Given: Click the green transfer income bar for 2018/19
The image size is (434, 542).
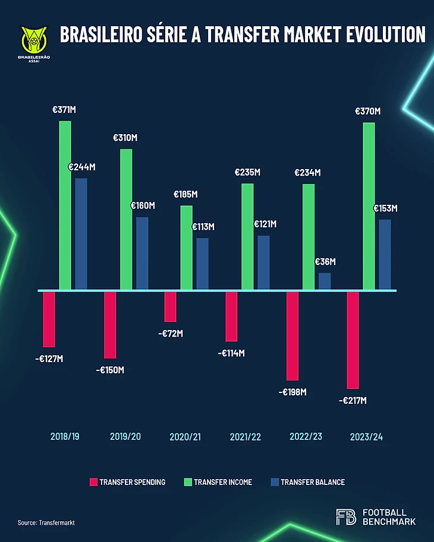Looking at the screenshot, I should point(65,205).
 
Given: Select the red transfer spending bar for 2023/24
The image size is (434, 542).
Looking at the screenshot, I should point(353,340).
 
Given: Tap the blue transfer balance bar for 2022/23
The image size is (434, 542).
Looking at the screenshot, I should point(325,281).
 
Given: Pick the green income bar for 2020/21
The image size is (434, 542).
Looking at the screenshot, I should point(187,248).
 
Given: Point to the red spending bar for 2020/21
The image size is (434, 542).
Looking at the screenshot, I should point(171,306).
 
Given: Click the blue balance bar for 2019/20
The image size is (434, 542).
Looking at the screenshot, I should point(142,253).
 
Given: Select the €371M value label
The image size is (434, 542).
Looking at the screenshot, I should point(64,110).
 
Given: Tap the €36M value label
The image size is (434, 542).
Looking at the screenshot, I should point(325,262).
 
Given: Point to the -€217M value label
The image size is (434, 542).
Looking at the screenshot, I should point(353,400).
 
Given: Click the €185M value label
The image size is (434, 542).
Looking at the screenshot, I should point(185,194).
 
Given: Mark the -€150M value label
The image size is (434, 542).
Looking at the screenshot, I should point(111,370).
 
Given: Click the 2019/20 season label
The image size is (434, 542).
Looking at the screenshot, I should point(125,437).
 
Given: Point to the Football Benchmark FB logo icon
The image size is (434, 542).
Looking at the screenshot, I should point(346,517).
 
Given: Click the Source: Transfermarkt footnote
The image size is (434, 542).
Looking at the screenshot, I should point(46,522).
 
